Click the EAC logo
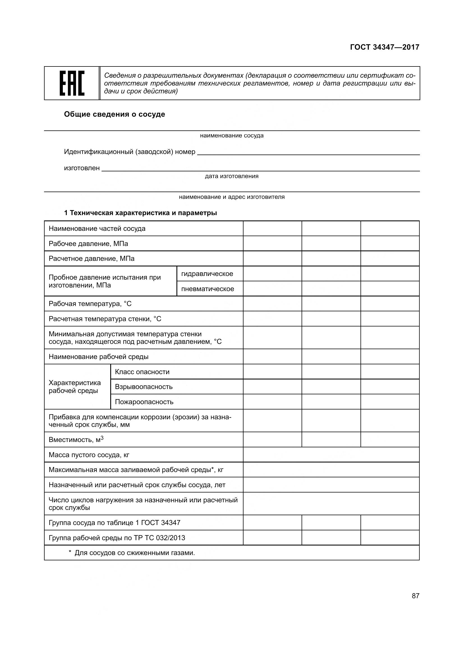pyautogui.click(x=72, y=83)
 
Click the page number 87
pyautogui.click(x=415, y=596)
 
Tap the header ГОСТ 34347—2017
pyautogui.click(x=385, y=47)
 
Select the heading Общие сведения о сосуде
pyautogui.click(x=114, y=114)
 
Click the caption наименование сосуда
pyautogui.click(x=232, y=135)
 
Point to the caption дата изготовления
pyautogui.click(x=232, y=176)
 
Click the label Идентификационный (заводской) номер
pyautogui.click(x=129, y=152)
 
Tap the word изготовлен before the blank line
pyautogui.click(x=82, y=168)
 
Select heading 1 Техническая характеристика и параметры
pyautogui.click(x=140, y=213)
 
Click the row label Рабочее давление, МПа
pyautogui.click(x=88, y=244)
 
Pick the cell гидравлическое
pyautogui.click(x=207, y=274)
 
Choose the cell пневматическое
pyautogui.click(x=208, y=289)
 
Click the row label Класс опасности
pyautogui.click(x=142, y=372)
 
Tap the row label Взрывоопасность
pyautogui.click(x=144, y=387)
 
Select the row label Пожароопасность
pyautogui.click(x=144, y=402)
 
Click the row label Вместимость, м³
pyautogui.click(x=76, y=439)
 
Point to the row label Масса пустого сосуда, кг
pyautogui.click(x=89, y=455)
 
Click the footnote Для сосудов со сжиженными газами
pyautogui.click(x=134, y=553)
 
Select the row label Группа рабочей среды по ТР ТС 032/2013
pyautogui.click(x=117, y=538)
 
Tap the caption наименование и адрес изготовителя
pyautogui.click(x=232, y=197)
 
